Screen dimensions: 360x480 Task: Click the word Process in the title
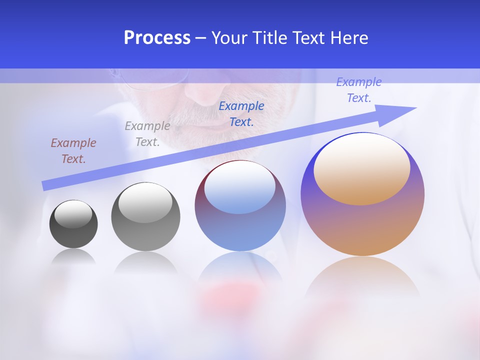pos(157,38)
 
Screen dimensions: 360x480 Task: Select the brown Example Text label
pos(73,151)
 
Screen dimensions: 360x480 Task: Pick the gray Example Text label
pos(147,134)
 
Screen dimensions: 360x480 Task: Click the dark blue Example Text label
pos(241,114)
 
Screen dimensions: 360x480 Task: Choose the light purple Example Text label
pos(358,90)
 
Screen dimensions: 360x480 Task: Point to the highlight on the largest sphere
pos(361,167)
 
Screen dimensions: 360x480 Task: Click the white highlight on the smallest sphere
pos(73,214)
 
